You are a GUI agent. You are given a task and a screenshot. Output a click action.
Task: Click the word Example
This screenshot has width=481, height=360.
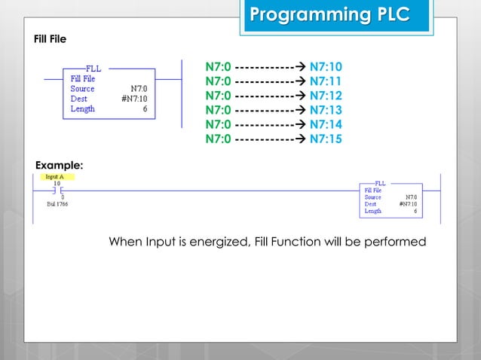coord(60,164)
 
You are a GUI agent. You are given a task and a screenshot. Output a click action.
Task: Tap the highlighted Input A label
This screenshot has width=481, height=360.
coord(55,177)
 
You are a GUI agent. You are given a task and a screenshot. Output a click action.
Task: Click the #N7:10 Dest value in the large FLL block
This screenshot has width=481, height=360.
coord(133,99)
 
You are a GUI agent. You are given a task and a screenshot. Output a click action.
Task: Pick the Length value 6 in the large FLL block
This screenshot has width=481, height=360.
coord(144,109)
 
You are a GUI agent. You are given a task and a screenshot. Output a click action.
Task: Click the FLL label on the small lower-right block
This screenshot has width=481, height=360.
coord(380,183)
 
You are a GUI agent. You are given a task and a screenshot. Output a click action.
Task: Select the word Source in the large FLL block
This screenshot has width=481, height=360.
coord(82,88)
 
